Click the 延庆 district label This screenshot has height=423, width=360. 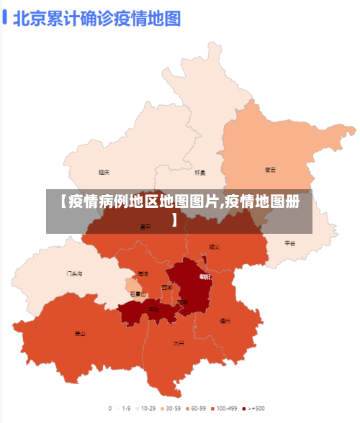coord(104,173)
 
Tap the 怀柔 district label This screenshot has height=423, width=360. coord(200,173)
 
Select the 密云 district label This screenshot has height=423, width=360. coord(271,170)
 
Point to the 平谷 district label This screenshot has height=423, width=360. coord(289,243)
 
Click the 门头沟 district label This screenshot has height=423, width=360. coord(75,273)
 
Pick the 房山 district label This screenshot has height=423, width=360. coord(80,334)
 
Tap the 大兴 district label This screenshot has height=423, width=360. coord(179,343)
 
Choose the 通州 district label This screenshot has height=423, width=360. coord(225,321)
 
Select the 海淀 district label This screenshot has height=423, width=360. coord(143,273)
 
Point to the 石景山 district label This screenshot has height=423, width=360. coord(138,294)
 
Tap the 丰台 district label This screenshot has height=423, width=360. coord(153,309)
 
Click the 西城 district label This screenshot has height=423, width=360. coord(167,287)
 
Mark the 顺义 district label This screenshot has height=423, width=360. coord(214,247)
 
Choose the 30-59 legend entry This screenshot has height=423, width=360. coord(172,408)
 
